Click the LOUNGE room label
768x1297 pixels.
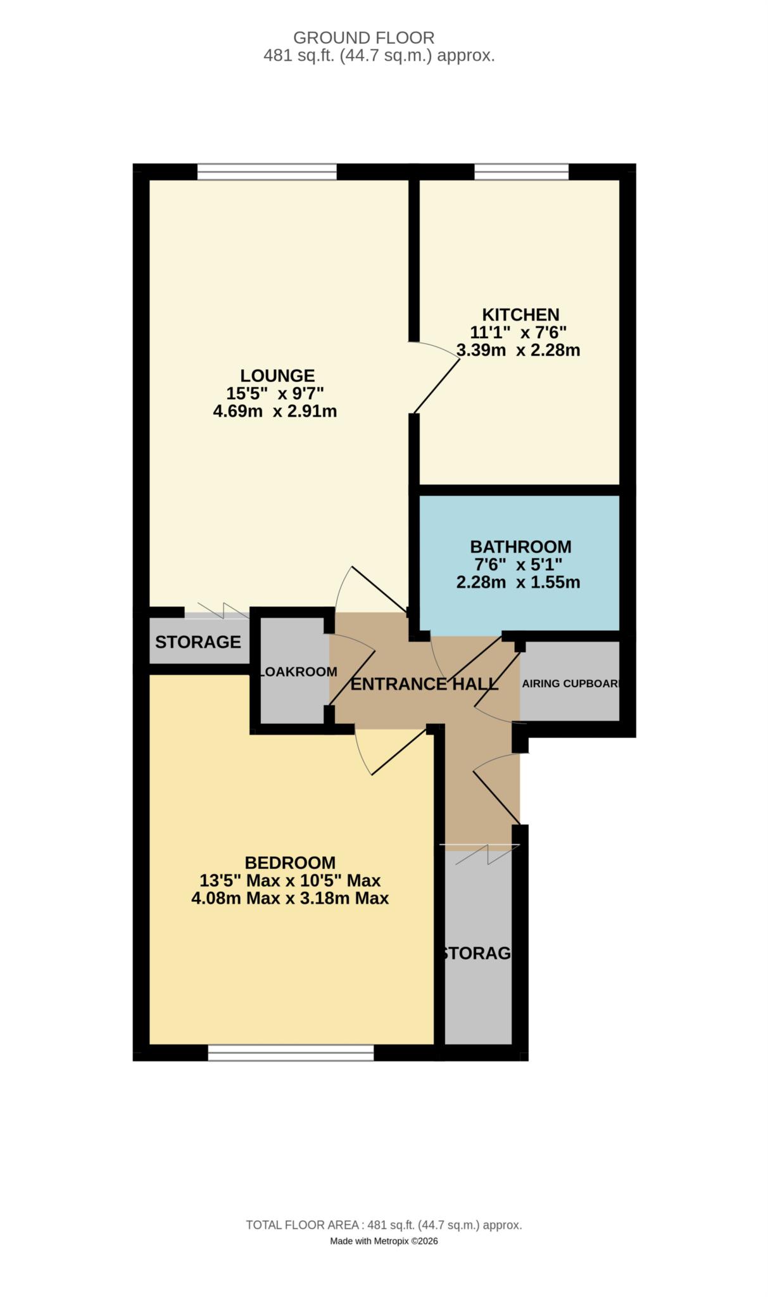[277, 376]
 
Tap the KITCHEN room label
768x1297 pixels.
[520, 315]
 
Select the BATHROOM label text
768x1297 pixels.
[520, 547]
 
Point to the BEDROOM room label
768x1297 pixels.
[290, 863]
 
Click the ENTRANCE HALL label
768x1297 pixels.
[424, 685]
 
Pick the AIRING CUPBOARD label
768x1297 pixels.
[570, 684]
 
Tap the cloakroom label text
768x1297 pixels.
[298, 672]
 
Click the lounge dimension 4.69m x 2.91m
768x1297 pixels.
[275, 412]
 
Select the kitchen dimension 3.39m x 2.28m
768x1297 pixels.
[518, 350]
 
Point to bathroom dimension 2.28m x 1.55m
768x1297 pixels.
[518, 583]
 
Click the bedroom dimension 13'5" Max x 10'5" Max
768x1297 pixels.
[290, 880]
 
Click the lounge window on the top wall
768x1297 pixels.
[267, 171]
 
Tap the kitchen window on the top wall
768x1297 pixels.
[521, 171]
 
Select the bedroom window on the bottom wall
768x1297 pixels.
[291, 1053]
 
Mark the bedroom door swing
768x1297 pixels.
[393, 754]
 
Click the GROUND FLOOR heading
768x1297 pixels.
[363, 38]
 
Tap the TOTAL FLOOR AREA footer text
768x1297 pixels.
[384, 1225]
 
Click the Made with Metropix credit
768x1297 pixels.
[384, 1241]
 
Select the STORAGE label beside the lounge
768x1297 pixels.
[198, 642]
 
